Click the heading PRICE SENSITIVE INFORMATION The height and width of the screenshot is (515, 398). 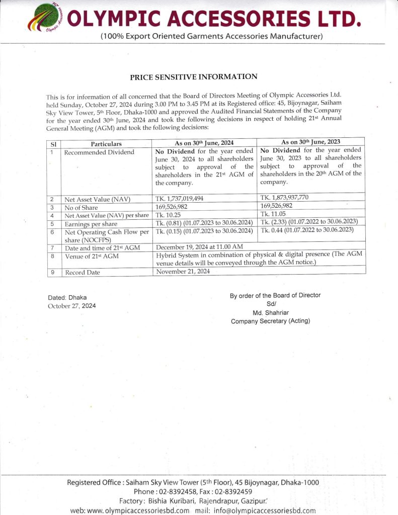[x=194, y=77]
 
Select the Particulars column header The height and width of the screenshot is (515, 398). [x=106, y=144]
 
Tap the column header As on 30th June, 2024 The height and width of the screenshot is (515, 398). [x=204, y=143]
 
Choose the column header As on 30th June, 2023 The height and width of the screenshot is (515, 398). [x=310, y=142]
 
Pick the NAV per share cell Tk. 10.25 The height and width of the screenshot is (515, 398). [x=169, y=215]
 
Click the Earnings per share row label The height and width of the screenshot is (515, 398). [x=91, y=224]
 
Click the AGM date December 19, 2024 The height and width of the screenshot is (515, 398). [x=200, y=247]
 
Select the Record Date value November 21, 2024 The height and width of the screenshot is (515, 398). [x=183, y=272]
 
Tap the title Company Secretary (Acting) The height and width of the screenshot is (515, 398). [x=271, y=321]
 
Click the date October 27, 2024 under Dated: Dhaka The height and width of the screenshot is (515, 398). [x=71, y=306]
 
